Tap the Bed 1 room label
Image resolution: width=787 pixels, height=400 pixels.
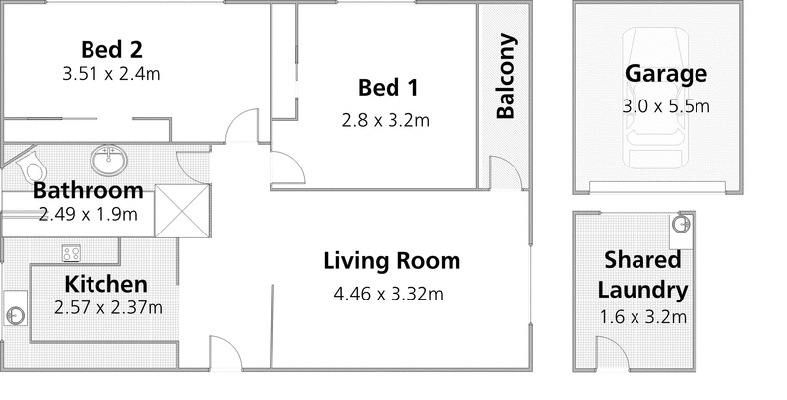(389, 89)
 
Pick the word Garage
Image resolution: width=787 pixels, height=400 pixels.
(665, 73)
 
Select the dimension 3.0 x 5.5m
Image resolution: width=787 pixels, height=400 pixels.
(665, 105)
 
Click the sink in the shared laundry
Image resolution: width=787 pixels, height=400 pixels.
(680, 226)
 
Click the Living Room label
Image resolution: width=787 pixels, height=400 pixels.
(392, 262)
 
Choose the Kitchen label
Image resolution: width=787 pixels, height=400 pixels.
(106, 285)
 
